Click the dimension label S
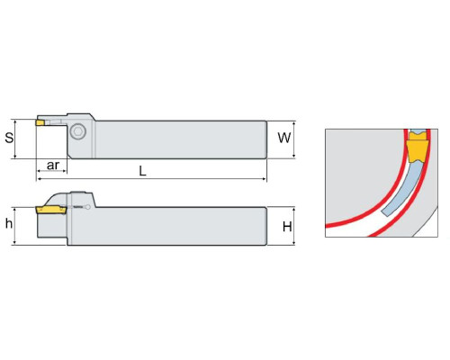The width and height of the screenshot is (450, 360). coord(9,138)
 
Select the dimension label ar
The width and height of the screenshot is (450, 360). coord(53,166)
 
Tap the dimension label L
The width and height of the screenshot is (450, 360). coord(143,171)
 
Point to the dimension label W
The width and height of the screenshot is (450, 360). coord(284,138)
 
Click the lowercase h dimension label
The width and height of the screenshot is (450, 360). coord(9,223)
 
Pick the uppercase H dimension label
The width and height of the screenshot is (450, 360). coord(287,227)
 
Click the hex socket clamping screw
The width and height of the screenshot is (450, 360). coord(77,131)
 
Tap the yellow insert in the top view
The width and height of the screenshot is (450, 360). coord(40,122)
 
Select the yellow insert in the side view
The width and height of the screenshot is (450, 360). coord(51,210)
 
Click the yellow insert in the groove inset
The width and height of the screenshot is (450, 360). coord(417,151)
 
